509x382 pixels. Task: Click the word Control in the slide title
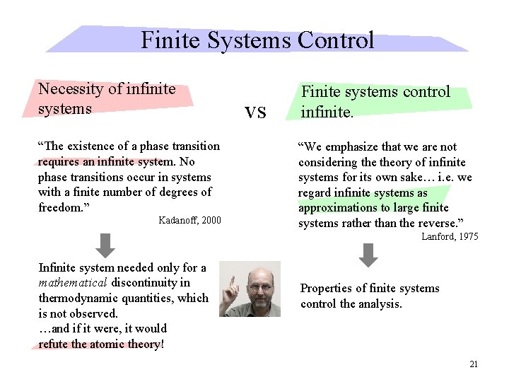point(335,40)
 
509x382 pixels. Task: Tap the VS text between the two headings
point(255,112)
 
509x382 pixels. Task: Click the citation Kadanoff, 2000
point(189,221)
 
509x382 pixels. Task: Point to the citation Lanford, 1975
point(450,237)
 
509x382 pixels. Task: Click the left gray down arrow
point(105,245)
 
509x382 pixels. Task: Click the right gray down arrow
point(368,255)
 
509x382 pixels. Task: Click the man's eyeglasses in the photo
point(259,288)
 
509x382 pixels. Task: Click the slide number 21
point(474,364)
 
